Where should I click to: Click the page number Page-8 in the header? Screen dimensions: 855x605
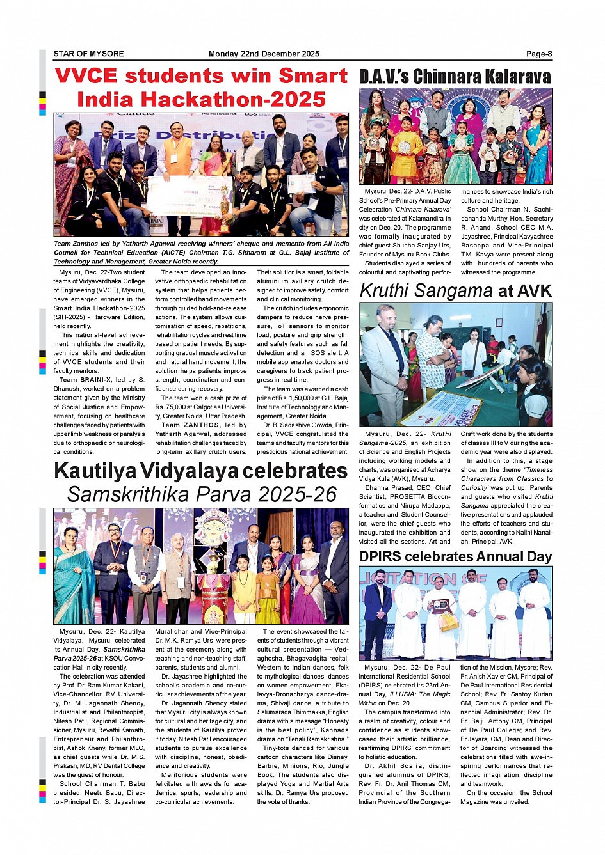539,54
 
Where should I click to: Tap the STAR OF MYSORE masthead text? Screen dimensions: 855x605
88,54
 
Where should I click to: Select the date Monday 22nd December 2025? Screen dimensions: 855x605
264,54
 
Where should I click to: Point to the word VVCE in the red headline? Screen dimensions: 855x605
86,76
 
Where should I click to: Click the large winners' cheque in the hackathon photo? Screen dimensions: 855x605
182,196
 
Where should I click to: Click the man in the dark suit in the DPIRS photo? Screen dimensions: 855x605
378,614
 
